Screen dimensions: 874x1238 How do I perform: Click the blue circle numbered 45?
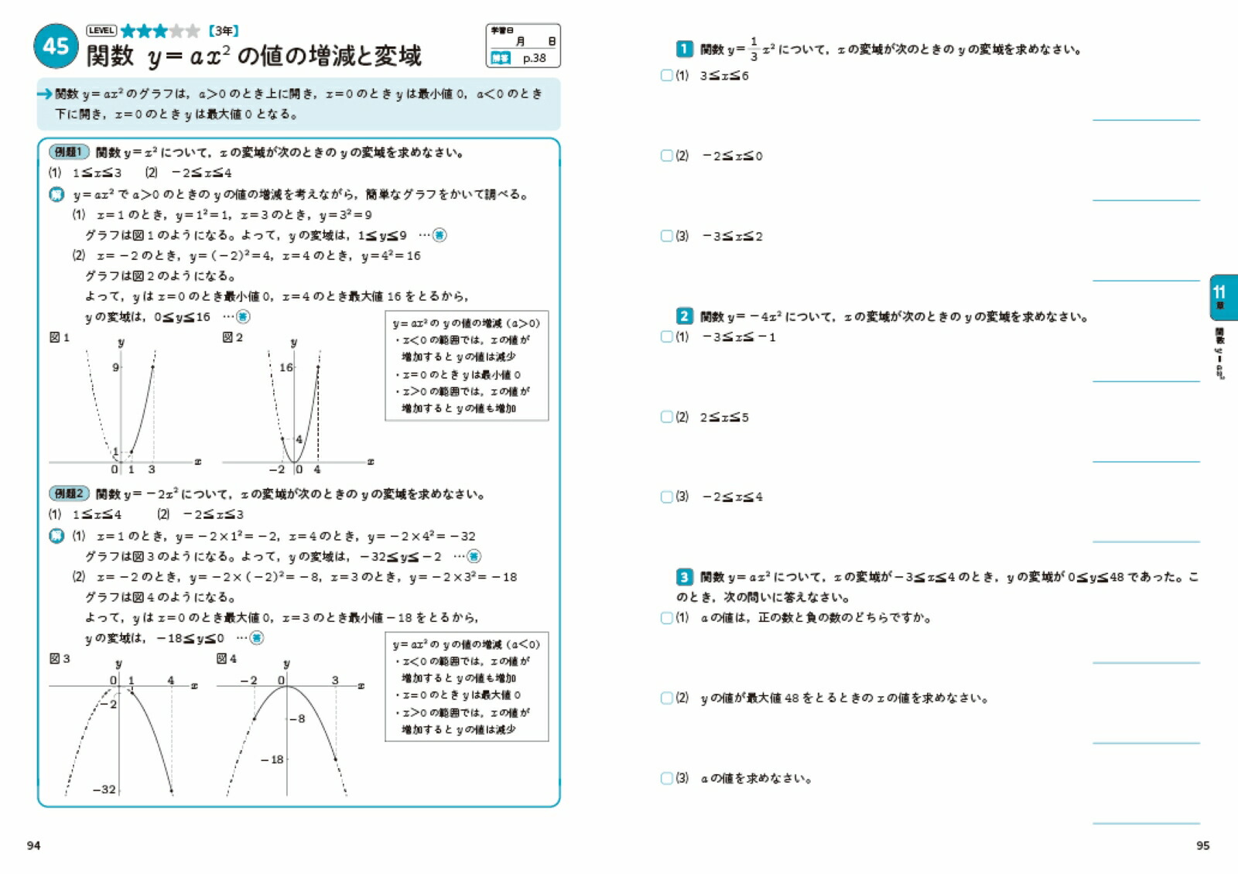tap(56, 46)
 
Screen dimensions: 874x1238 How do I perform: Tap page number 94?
tap(33, 845)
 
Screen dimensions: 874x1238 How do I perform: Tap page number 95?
tap(1202, 845)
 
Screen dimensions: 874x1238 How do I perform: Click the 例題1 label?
tap(69, 152)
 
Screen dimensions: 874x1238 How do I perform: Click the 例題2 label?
tap(69, 493)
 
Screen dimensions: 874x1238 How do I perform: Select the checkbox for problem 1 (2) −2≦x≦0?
tap(666, 155)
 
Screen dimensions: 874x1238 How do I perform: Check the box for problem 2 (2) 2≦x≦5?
tap(666, 417)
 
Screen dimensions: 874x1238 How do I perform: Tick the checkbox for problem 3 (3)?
tap(666, 778)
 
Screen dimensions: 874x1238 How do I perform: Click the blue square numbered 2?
tap(684, 316)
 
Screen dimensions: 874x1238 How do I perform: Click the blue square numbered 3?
tap(684, 577)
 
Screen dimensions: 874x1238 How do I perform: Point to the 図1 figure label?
tap(60, 337)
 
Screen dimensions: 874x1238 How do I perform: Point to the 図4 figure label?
tap(227, 659)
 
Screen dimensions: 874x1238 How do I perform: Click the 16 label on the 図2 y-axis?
tap(286, 367)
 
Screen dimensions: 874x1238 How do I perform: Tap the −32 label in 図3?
tap(104, 790)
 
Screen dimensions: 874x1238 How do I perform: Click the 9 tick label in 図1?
tap(115, 367)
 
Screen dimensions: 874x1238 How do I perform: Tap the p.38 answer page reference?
tap(534, 58)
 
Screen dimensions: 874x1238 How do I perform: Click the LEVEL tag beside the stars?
tap(101, 31)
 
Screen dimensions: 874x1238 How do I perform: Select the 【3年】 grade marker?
tap(223, 31)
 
